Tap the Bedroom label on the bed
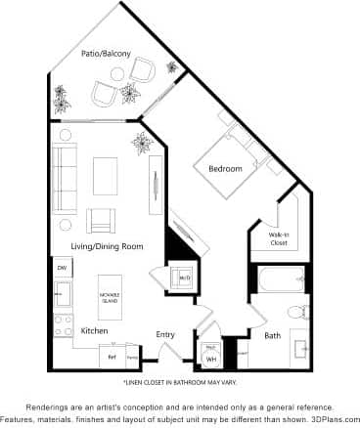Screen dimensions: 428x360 (225, 169)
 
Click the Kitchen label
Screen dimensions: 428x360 (94, 330)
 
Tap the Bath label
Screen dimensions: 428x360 (273, 335)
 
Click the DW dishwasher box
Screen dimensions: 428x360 (62, 267)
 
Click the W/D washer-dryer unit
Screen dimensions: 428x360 (184, 279)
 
